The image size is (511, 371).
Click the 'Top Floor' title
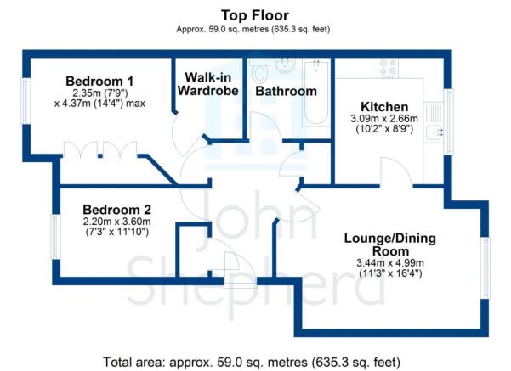[255, 15]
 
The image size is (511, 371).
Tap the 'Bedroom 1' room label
[99, 82]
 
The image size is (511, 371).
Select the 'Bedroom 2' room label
[116, 210]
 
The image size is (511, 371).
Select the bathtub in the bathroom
[316, 93]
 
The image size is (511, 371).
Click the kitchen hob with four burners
[392, 66]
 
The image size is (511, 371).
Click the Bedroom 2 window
[55, 238]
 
